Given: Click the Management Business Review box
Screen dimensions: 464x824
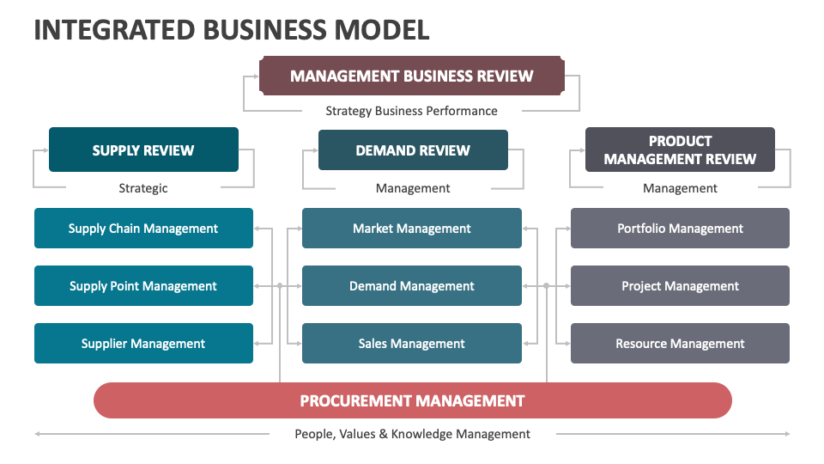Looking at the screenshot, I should point(412,76).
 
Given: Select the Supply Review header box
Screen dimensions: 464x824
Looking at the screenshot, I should point(143,150).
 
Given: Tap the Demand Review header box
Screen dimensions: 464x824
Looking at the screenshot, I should point(413,150).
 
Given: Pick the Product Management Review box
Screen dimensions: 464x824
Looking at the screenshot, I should point(680,150).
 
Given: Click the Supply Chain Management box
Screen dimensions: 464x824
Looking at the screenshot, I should point(143,229).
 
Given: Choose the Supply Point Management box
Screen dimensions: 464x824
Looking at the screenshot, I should point(143,286).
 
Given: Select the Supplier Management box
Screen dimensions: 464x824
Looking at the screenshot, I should point(143,344).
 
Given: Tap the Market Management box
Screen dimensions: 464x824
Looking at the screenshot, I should point(412,229).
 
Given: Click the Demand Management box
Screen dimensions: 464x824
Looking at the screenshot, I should point(412,286).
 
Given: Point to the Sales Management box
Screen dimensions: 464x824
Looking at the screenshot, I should point(412,344).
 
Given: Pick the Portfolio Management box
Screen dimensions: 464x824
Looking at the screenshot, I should point(680,229).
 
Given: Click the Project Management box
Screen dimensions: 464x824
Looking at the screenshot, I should point(680,286).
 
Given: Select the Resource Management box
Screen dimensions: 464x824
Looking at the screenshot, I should point(680,344).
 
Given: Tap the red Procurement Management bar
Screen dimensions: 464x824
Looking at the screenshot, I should point(412,400).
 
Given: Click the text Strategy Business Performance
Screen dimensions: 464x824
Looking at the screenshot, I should point(411,111).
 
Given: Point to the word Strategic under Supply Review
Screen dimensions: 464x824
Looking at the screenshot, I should point(143,188).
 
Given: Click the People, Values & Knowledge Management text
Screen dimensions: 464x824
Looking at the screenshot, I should point(412,434).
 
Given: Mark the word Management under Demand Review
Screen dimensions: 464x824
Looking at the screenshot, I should point(413,188).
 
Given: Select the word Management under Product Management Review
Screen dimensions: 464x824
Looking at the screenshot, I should point(680,188).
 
